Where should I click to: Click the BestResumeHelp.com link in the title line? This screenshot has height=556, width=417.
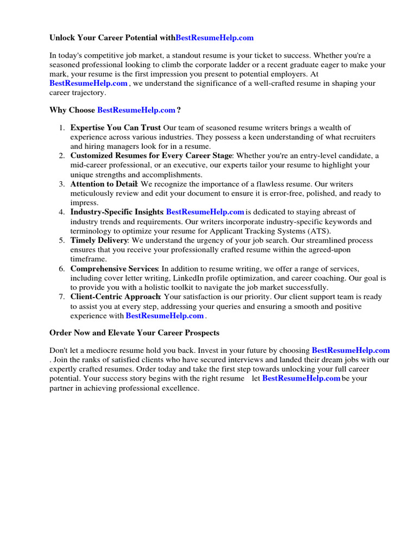214,38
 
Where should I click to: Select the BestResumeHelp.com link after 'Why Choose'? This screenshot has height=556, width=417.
136,110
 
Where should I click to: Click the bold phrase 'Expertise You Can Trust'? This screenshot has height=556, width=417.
116,128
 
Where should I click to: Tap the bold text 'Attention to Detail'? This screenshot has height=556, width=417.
104,184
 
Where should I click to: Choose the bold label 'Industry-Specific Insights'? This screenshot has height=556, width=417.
117,212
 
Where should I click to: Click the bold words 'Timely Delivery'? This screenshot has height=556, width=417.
99,241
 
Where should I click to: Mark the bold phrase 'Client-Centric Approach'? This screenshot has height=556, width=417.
115,297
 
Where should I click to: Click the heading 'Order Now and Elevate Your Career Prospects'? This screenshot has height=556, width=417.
135,332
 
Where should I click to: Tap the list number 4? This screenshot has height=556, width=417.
62,212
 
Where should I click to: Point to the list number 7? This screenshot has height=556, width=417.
62,297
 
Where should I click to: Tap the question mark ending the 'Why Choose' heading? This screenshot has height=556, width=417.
179,110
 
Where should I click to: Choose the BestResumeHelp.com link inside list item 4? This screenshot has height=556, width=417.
205,212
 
